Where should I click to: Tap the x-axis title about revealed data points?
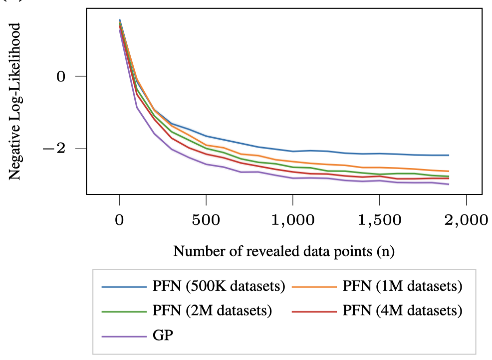point(284,251)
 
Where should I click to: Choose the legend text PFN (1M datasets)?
point(403,286)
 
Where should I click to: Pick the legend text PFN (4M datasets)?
point(403,311)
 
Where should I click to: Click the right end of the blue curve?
point(449,155)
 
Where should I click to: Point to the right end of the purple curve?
point(449,184)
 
